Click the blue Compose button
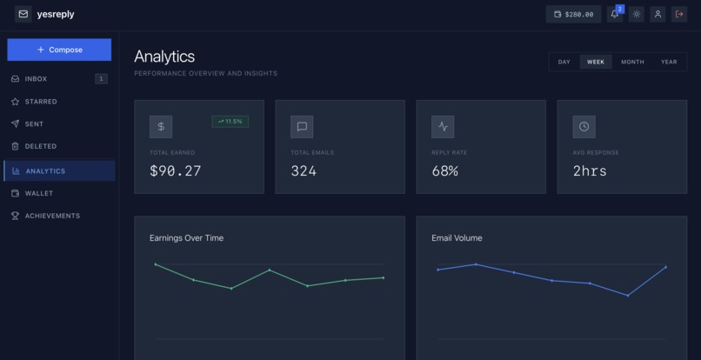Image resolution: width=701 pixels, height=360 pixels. point(59,50)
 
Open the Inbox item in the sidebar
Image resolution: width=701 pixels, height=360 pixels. point(37,79)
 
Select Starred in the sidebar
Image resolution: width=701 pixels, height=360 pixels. point(41,102)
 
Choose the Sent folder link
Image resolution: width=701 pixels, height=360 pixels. point(34,124)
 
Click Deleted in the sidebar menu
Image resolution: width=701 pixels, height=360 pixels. point(40,147)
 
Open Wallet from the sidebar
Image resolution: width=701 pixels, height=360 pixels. point(38,193)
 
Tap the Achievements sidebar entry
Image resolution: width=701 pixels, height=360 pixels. point(52,216)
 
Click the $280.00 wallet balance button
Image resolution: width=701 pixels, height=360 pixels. point(573,14)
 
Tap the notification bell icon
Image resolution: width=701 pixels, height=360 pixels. point(615,14)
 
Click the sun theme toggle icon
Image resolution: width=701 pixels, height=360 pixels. point(637,14)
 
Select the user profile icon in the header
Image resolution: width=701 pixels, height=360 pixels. point(658,14)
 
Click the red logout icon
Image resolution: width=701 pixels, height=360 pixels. point(680,14)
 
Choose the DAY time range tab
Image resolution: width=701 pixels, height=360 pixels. point(564,62)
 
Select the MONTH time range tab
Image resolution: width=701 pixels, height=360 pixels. point(632,62)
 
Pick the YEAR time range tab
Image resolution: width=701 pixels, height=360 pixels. point(669,62)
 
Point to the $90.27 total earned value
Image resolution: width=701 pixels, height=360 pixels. point(176,171)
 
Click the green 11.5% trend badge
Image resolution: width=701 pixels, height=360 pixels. point(230,122)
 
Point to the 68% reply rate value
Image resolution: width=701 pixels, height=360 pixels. point(444,171)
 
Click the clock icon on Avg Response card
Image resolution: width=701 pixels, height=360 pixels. point(584,126)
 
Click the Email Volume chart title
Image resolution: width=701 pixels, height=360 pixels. point(457,238)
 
